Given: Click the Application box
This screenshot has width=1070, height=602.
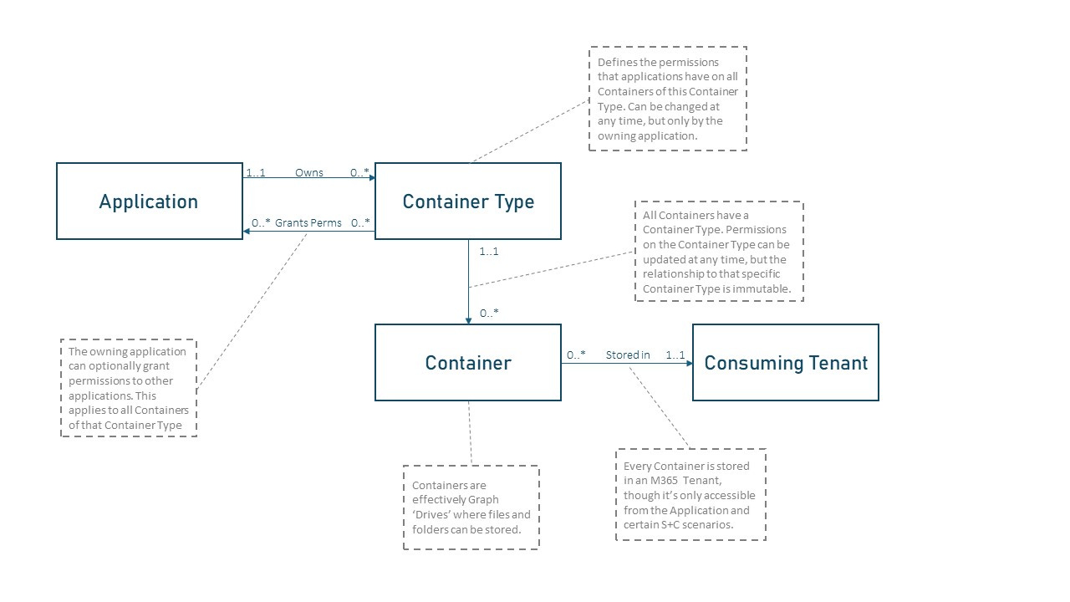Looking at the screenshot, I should (149, 202).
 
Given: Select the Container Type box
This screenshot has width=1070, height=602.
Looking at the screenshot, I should (468, 202).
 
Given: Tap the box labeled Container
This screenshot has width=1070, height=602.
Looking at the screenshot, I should (468, 363).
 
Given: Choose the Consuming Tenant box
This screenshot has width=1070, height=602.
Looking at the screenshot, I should (786, 363).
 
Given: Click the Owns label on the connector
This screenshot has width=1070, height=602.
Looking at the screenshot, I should (308, 173).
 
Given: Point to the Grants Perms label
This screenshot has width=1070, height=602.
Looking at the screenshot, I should (308, 223).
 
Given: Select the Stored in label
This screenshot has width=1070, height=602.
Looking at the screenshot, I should (628, 355).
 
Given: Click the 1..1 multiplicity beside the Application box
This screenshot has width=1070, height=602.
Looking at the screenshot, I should (255, 173).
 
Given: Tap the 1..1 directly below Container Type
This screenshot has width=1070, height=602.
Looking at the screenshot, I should (489, 251).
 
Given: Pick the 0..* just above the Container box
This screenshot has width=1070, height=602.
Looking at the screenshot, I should (490, 314).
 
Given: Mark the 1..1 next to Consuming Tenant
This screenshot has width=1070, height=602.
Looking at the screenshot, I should (675, 355).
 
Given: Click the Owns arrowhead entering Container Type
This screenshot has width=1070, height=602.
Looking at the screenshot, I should (371, 177).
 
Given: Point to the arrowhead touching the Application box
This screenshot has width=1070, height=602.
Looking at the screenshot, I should (247, 231).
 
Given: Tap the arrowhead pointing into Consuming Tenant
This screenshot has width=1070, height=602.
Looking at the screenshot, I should (689, 363).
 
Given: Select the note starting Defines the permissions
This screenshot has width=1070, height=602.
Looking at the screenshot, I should (668, 99).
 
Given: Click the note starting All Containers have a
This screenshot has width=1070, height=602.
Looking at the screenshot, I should (719, 252).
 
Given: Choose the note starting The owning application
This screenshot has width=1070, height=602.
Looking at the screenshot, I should (129, 388).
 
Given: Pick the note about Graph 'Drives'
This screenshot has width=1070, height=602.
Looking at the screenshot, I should (471, 508).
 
